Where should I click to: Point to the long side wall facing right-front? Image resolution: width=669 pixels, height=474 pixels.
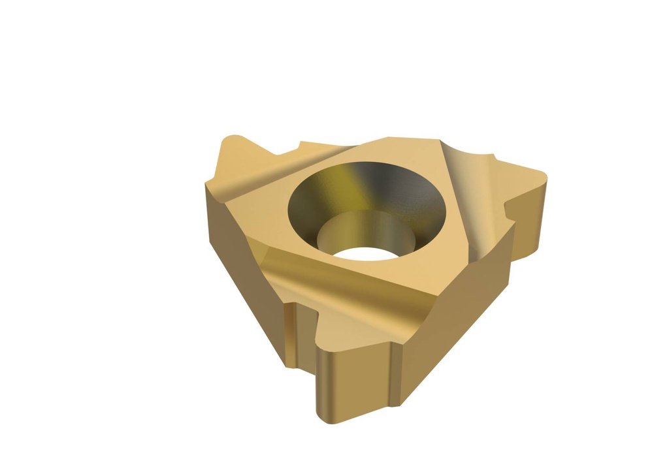pyautogui.click(x=457, y=326)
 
